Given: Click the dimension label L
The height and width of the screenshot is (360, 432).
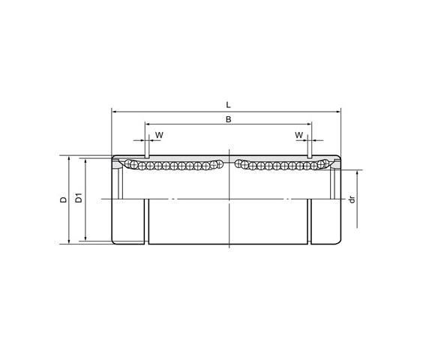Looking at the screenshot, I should click(x=228, y=105).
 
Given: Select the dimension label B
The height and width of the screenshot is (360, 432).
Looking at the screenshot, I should click(x=228, y=119).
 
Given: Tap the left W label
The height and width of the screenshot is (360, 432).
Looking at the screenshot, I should click(x=158, y=135).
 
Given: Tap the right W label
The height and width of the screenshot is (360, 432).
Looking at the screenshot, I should click(x=298, y=135).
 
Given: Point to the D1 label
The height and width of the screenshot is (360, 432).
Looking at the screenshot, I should click(x=78, y=199).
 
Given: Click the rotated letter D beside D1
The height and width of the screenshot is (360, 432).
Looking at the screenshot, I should click(x=64, y=199).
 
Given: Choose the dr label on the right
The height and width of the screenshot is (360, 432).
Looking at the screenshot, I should click(x=351, y=199).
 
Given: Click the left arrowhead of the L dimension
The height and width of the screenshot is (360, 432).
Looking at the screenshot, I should click(x=115, y=111).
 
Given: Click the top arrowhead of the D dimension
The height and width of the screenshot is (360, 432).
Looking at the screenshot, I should click(x=70, y=159).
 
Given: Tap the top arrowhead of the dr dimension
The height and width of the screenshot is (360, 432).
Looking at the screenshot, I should click(x=357, y=173).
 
